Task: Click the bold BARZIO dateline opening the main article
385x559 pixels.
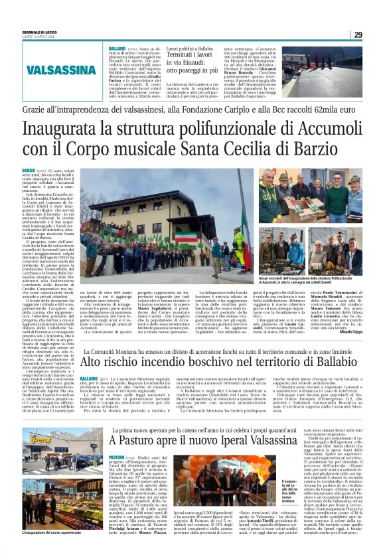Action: pos(28,171)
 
